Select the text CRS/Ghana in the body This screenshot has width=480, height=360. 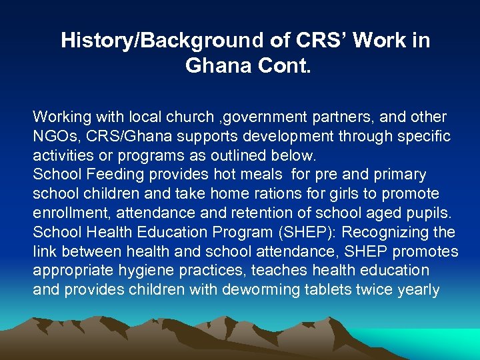(119, 137)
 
